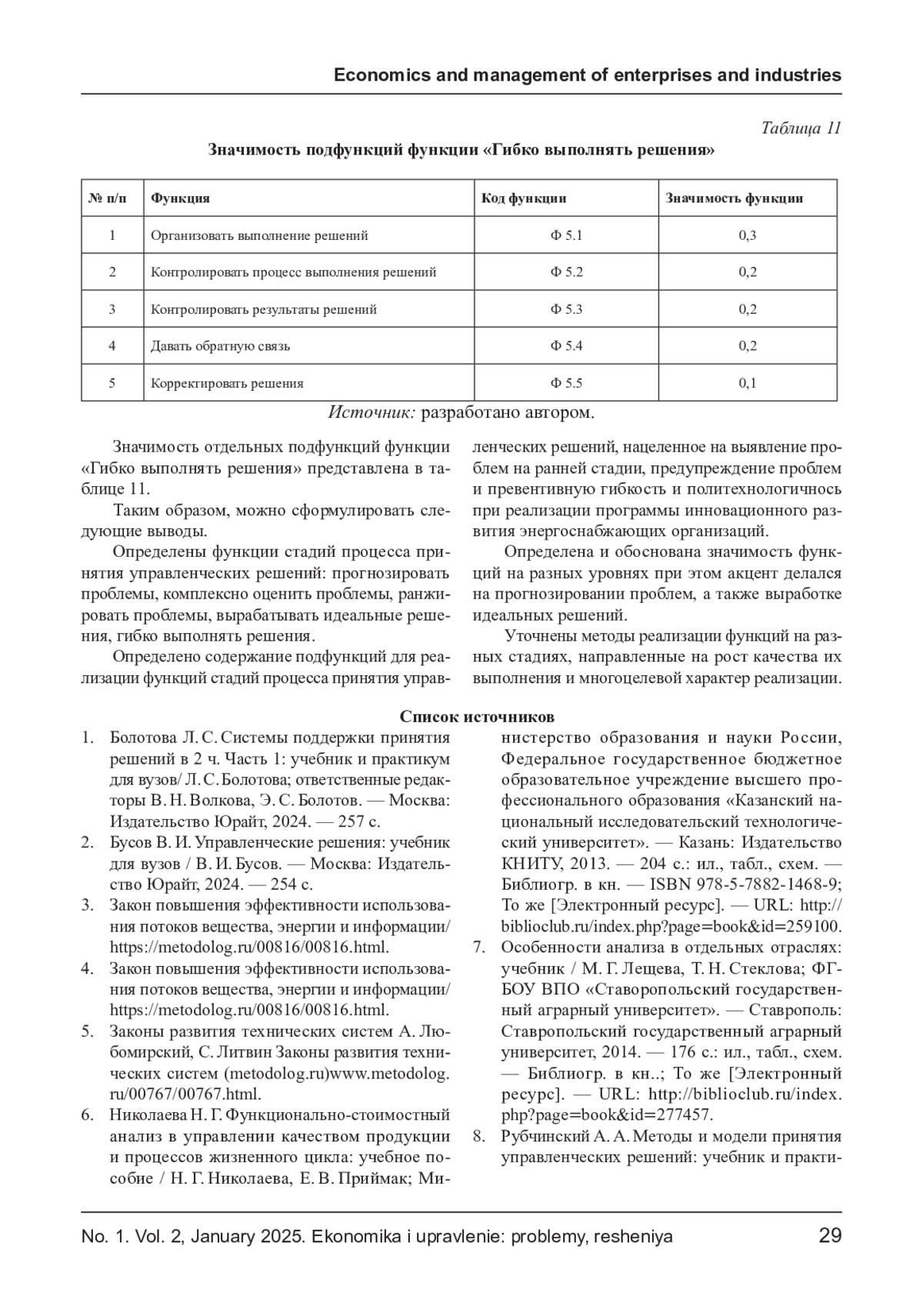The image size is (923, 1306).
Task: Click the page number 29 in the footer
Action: pos(830,1236)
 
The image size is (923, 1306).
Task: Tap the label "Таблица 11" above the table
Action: pos(801,128)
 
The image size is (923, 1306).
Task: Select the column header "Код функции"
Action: pos(524,198)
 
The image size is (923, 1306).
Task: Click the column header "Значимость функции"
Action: pos(734,198)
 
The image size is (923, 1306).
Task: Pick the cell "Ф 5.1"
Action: pos(566,235)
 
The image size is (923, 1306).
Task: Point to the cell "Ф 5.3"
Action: pos(566,309)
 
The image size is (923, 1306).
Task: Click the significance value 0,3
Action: pos(748,235)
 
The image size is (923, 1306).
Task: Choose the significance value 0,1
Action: pos(748,383)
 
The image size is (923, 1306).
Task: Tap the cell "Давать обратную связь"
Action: pos(220,346)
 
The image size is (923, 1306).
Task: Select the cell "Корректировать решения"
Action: pos(227,383)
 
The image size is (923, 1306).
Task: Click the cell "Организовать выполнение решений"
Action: pos(259,235)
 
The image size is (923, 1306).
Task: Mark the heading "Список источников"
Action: pos(477,717)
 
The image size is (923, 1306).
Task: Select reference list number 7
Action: pos(478,947)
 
